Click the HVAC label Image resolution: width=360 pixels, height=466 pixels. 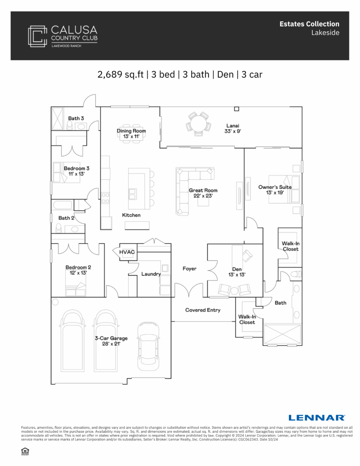pyautogui.click(x=127, y=252)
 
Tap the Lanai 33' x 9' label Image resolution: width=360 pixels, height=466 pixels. pyautogui.click(x=232, y=128)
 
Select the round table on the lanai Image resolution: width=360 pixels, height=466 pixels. pyautogui.click(x=198, y=124)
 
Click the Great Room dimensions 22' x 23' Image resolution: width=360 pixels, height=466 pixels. pyautogui.click(x=203, y=196)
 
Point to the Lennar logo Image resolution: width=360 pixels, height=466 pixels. pyautogui.click(x=317, y=418)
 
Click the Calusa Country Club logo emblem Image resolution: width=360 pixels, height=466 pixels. pyautogui.click(x=37, y=36)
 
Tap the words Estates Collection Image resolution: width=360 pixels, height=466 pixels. pyautogui.click(x=309, y=24)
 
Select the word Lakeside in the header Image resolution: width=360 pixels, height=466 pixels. pyautogui.click(x=325, y=33)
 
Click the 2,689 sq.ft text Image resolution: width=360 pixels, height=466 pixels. pyautogui.click(x=121, y=75)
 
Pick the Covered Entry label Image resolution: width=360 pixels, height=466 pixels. pyautogui.click(x=203, y=310)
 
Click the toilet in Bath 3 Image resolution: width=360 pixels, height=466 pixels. pyautogui.click(x=70, y=125)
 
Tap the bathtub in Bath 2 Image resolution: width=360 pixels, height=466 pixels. pyautogui.click(x=62, y=205)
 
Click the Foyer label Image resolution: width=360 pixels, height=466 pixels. pyautogui.click(x=190, y=269)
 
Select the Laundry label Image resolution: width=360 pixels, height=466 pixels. pyautogui.click(x=151, y=274)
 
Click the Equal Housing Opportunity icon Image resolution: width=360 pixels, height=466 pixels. pyautogui.click(x=25, y=451)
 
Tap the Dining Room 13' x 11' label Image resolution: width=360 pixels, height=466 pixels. pyautogui.click(x=131, y=134)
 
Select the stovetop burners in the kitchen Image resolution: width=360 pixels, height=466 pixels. pyautogui.click(x=105, y=198)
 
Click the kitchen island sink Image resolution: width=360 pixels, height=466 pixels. pyautogui.click(x=132, y=194)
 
